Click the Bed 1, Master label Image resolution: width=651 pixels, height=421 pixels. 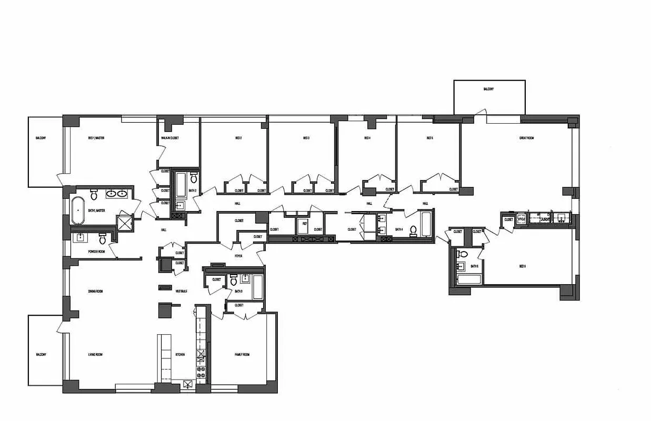click(x=96, y=138)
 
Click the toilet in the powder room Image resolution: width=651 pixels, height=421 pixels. click(x=103, y=239)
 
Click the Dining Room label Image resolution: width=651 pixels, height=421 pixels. click(x=95, y=291)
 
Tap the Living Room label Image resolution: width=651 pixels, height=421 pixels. click(x=95, y=355)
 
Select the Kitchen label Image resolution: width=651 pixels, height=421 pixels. click(x=180, y=355)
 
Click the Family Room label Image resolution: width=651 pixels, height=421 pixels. click(x=242, y=355)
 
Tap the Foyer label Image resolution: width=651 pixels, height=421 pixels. click(x=238, y=256)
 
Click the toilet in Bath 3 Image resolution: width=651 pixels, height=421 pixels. click(x=234, y=281)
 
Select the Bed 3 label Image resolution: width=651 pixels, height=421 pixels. click(x=306, y=138)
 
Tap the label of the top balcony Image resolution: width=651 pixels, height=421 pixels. click(x=488, y=89)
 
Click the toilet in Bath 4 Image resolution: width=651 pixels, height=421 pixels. click(x=413, y=230)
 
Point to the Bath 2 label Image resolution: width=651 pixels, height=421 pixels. click(x=193, y=191)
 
